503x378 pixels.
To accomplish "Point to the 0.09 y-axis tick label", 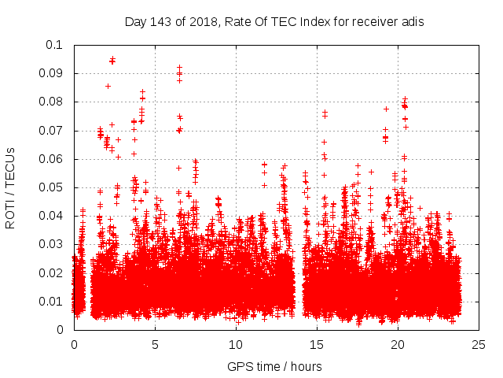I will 53,73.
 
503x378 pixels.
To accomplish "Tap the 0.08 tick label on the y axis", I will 53,102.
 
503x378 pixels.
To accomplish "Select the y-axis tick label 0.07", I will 53,131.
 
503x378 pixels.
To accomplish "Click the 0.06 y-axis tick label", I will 53,159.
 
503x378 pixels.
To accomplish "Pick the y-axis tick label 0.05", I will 53,187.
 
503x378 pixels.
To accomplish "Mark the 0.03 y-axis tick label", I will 53,244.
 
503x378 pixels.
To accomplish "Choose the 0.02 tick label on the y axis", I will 53,272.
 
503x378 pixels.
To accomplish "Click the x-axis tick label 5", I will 155,344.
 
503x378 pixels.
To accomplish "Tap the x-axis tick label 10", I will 236,344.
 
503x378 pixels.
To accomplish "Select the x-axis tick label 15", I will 317,344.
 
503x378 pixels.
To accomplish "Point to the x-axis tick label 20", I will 398,344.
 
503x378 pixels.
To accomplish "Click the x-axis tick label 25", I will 479,344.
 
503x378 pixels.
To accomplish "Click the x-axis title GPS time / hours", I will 274,366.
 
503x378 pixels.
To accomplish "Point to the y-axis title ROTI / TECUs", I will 11,187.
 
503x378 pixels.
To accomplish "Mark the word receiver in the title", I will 374,22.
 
